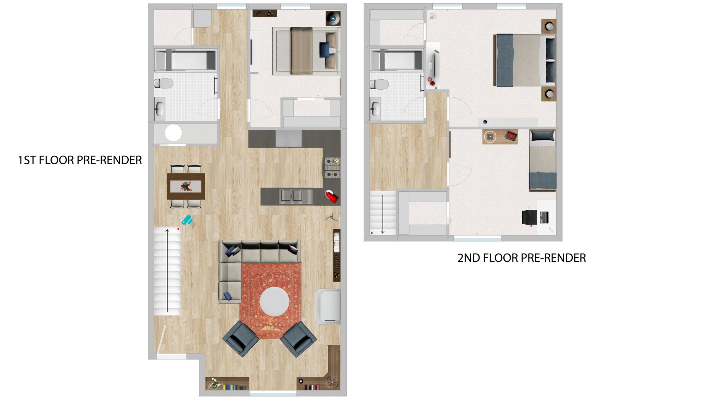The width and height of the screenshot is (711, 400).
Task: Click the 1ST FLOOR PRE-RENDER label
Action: tap(80, 160)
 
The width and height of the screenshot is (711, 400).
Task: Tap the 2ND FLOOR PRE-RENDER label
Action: tap(522, 258)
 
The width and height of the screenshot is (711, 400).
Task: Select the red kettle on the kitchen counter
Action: tap(331, 196)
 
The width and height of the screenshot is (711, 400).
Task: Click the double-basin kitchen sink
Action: tap(291, 196)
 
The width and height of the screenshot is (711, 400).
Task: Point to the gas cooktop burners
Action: tap(332, 168)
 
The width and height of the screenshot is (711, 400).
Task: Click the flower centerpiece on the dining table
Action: tap(186, 186)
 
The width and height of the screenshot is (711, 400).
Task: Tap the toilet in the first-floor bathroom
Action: tap(164, 84)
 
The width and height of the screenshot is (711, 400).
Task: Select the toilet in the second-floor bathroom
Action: tap(379, 85)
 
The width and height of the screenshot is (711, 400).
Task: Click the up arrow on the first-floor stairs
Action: tap(167, 270)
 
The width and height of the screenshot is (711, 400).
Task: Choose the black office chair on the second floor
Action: tap(529, 217)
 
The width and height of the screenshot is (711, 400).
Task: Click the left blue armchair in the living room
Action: tap(241, 339)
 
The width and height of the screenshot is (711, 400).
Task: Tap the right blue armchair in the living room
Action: tap(298, 339)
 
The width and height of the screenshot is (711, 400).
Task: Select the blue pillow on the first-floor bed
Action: tap(324, 49)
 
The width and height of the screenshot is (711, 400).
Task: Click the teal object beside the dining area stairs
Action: tap(187, 220)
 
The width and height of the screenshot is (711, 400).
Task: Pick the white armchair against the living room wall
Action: tap(329, 306)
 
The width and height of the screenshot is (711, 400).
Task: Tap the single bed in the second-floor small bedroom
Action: tap(542, 162)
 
